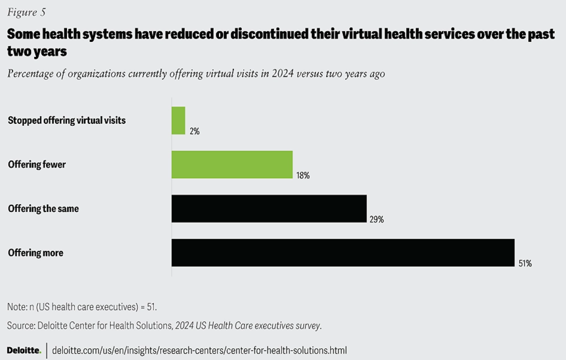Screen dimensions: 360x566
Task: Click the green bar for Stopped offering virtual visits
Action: click(x=178, y=120)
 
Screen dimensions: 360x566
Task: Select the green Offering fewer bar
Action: click(x=232, y=164)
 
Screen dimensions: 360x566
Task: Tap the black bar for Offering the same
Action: click(x=269, y=208)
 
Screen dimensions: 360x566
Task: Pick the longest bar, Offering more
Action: click(x=343, y=252)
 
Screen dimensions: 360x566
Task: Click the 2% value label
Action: click(x=194, y=131)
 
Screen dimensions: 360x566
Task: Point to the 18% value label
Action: click(x=303, y=175)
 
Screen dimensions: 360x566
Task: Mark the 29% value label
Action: click(x=377, y=219)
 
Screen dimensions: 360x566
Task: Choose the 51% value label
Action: click(x=525, y=263)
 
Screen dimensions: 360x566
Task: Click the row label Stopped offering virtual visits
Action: click(x=67, y=120)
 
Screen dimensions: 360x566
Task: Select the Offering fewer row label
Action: click(x=37, y=164)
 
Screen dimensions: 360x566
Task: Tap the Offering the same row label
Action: click(x=43, y=208)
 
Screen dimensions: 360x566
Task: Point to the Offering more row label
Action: click(x=36, y=252)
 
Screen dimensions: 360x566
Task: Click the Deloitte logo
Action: click(x=24, y=350)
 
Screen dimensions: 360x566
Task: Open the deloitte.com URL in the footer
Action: click(x=199, y=350)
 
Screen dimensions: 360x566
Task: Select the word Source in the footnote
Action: click(x=20, y=325)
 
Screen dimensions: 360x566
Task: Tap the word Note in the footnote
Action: click(x=16, y=306)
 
